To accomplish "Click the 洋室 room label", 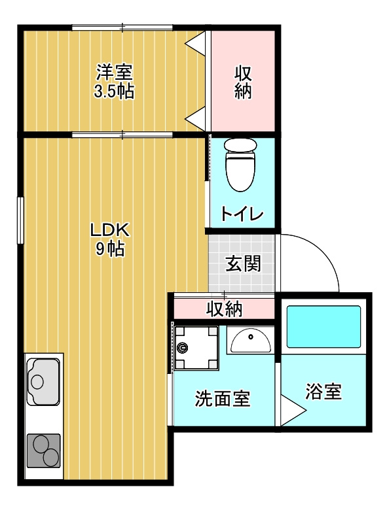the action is pyautogui.click(x=114, y=73).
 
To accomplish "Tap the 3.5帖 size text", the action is pyautogui.click(x=114, y=91).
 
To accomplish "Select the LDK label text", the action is pyautogui.click(x=109, y=230).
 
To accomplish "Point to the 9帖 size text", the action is pyautogui.click(x=110, y=248).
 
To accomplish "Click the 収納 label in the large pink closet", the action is pyautogui.click(x=243, y=82).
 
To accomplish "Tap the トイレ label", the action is pyautogui.click(x=242, y=213).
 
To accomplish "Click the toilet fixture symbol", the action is pyautogui.click(x=241, y=165).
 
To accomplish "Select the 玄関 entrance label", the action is pyautogui.click(x=243, y=264).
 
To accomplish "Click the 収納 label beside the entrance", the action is pyautogui.click(x=225, y=309).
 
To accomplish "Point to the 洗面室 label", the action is pyautogui.click(x=223, y=399).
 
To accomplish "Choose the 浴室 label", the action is pyautogui.click(x=323, y=392).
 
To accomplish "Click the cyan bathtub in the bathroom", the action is pyautogui.click(x=323, y=327).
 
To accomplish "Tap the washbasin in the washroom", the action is pyautogui.click(x=251, y=341).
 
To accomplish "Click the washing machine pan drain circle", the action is pyautogui.click(x=182, y=348).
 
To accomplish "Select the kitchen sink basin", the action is pyautogui.click(x=43, y=381).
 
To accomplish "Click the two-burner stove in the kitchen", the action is pyautogui.click(x=43, y=450).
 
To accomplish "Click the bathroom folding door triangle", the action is pyautogui.click(x=293, y=411).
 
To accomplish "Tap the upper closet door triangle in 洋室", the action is pyautogui.click(x=195, y=44).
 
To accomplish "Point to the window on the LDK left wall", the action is pyautogui.click(x=20, y=220).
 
